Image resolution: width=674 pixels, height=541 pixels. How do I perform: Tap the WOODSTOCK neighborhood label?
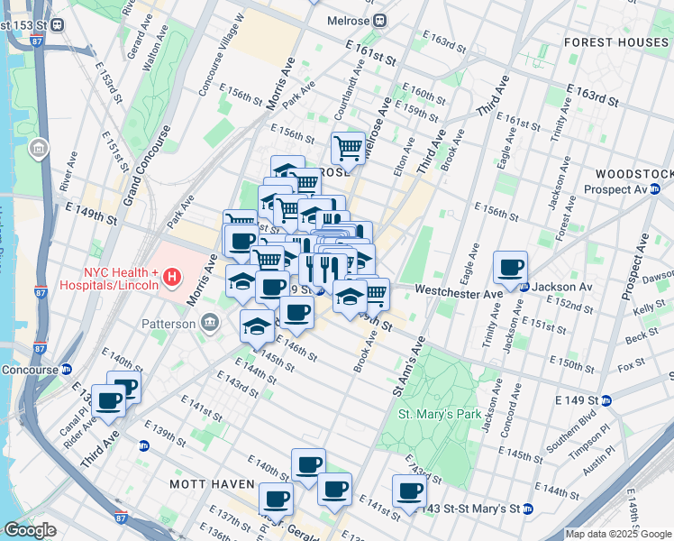[x=634, y=173]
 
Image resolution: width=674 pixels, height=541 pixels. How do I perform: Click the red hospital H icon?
[x=172, y=280]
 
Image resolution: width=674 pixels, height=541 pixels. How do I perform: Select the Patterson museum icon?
[x=210, y=322]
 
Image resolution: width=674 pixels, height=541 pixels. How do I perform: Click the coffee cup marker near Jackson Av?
[x=510, y=267]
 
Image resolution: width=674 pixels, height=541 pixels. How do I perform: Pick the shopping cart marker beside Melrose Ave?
[x=348, y=147]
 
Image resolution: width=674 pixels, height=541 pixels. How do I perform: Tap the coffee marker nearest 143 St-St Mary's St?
[x=409, y=491]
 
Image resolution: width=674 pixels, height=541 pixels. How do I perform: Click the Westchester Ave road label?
[x=460, y=291]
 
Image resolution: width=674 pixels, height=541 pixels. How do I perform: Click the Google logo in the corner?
[x=30, y=530]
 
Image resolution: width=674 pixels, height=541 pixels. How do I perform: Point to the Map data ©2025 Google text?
[x=618, y=534]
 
